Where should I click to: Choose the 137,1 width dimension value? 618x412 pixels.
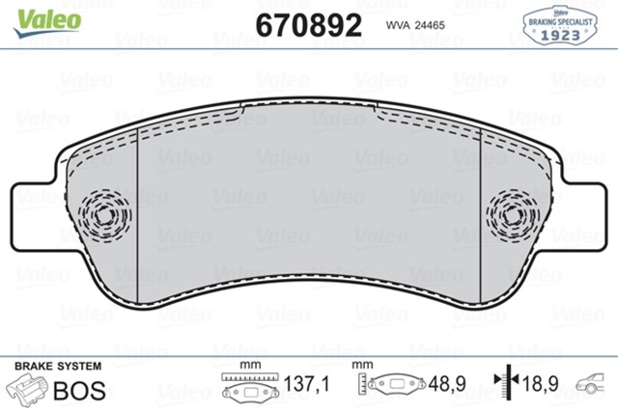pos(306,384)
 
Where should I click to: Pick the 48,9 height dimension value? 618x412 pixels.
pos(446,384)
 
